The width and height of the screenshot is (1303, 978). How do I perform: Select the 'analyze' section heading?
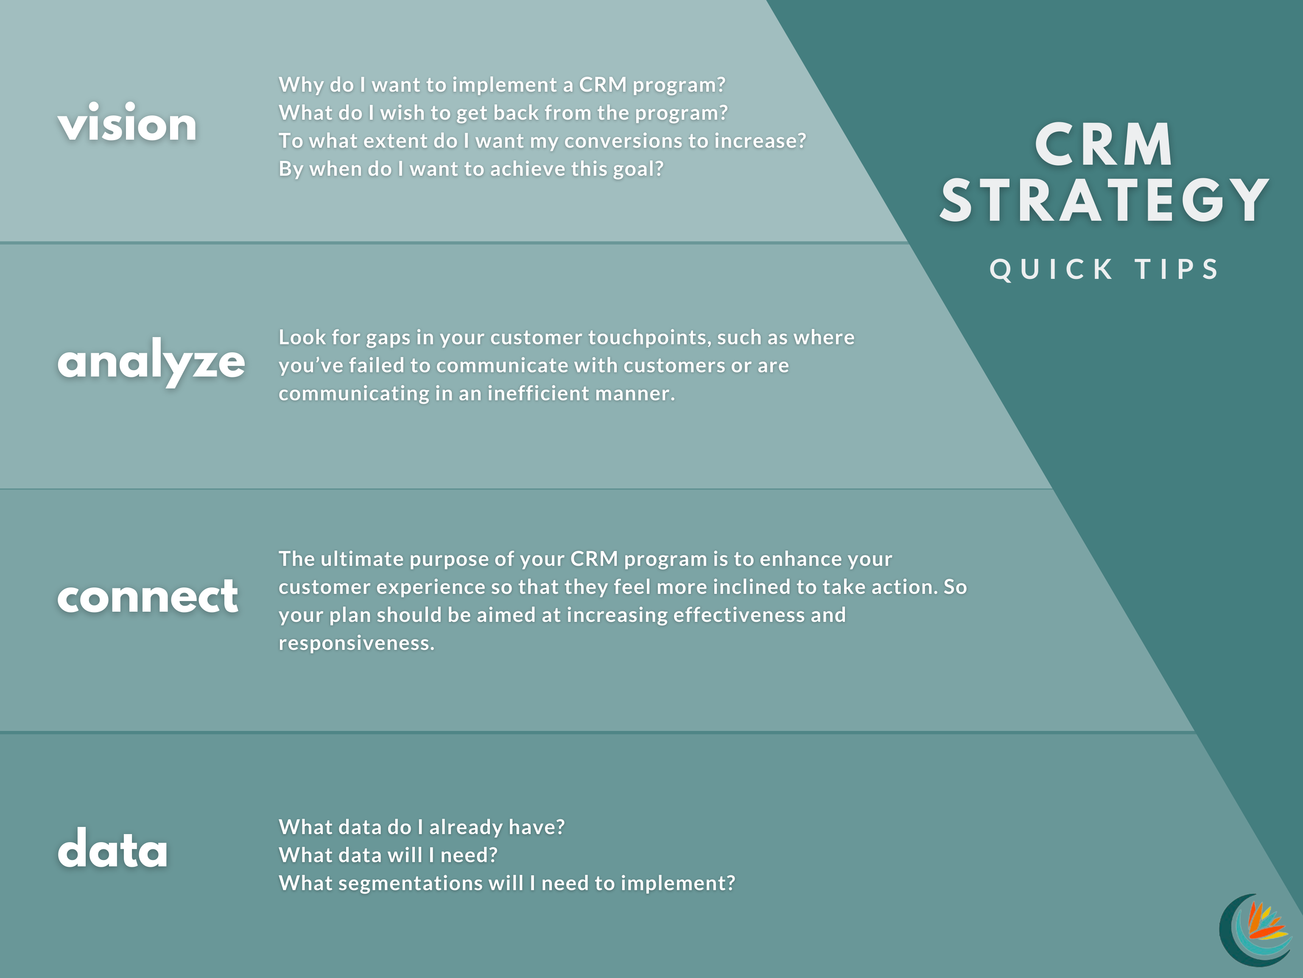click(x=151, y=361)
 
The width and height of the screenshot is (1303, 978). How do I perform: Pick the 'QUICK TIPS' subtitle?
click(x=1104, y=270)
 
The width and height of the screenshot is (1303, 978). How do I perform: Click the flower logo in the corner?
click(x=1255, y=930)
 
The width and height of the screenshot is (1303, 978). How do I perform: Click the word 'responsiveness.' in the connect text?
click(x=356, y=643)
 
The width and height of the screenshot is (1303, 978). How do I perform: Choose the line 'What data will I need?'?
click(x=388, y=855)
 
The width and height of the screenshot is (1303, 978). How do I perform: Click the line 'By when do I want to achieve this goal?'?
click(x=471, y=169)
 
